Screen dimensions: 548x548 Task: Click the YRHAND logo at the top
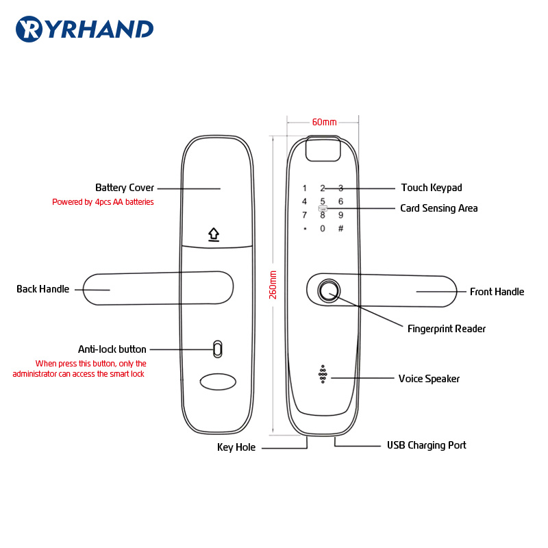(84, 29)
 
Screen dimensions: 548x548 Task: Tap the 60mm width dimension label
(324, 122)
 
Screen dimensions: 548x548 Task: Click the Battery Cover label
(125, 188)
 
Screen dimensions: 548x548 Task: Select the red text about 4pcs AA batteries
(103, 202)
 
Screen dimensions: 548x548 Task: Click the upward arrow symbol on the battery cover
(214, 235)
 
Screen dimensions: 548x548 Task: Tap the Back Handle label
(43, 289)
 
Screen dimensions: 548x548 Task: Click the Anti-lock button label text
(112, 349)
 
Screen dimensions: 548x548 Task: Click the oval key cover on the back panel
(217, 381)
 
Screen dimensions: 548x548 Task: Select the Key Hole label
(236, 447)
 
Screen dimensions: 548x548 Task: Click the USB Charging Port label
(426, 445)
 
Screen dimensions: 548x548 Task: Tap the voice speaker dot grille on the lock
(322, 374)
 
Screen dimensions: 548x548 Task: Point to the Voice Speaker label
(429, 379)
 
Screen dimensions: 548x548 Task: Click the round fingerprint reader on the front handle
(329, 290)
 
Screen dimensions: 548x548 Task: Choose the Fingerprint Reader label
(447, 329)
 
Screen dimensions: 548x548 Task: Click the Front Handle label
(497, 292)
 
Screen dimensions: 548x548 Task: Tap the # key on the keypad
(340, 229)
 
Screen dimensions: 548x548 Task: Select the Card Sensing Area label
(439, 208)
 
